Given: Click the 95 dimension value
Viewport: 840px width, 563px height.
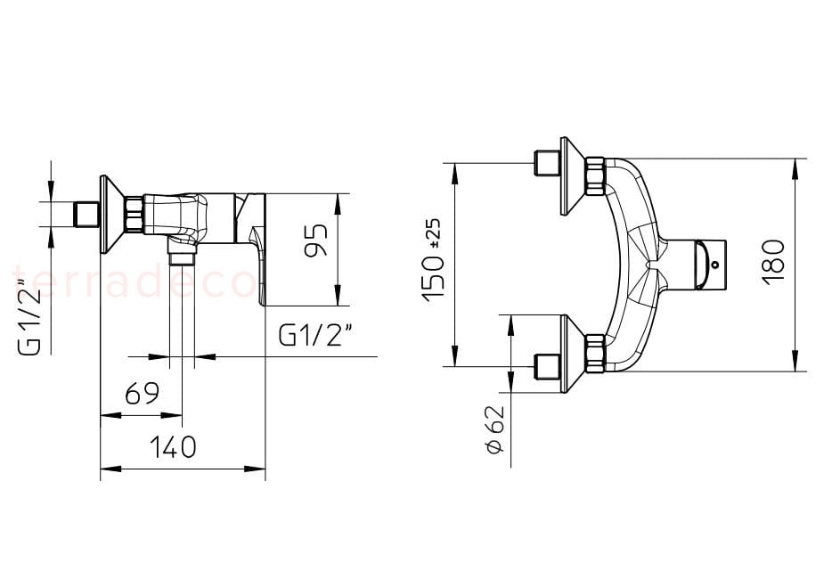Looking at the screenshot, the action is (316, 241).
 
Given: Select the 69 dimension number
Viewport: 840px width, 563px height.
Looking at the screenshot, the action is (142, 394).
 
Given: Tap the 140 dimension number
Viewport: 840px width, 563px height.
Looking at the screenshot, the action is (173, 447).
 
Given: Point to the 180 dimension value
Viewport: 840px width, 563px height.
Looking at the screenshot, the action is (774, 263).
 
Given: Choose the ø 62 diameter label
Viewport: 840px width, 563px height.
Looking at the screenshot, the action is (496, 429).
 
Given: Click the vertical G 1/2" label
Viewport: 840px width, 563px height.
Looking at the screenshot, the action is (30, 316).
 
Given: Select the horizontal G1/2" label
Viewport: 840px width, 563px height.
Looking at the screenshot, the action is (316, 336).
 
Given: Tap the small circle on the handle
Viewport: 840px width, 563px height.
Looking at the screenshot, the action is (715, 264).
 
